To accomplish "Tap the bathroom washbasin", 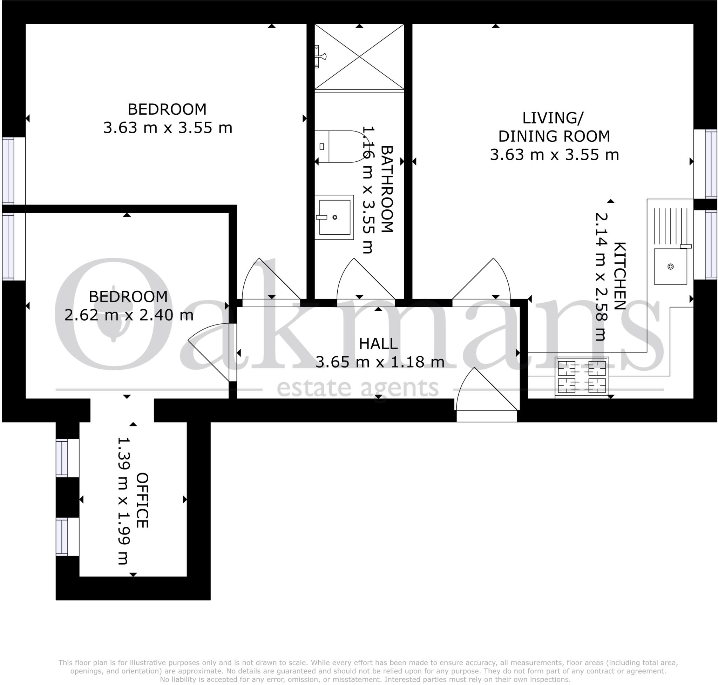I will point(334,217).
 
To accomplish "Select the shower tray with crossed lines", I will point(359,57).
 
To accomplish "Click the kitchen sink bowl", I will point(670,266).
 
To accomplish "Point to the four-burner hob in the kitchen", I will point(582,376).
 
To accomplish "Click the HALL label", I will point(378,344).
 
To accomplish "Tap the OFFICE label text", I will point(142,500).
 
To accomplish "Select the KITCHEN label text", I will point(619,276).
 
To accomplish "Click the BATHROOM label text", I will point(387,189).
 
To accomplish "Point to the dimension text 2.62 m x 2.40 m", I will point(129,315).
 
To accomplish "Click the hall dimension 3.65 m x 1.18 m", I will point(380,362).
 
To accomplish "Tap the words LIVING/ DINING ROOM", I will point(554,127).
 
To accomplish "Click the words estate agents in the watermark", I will point(358,388).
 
